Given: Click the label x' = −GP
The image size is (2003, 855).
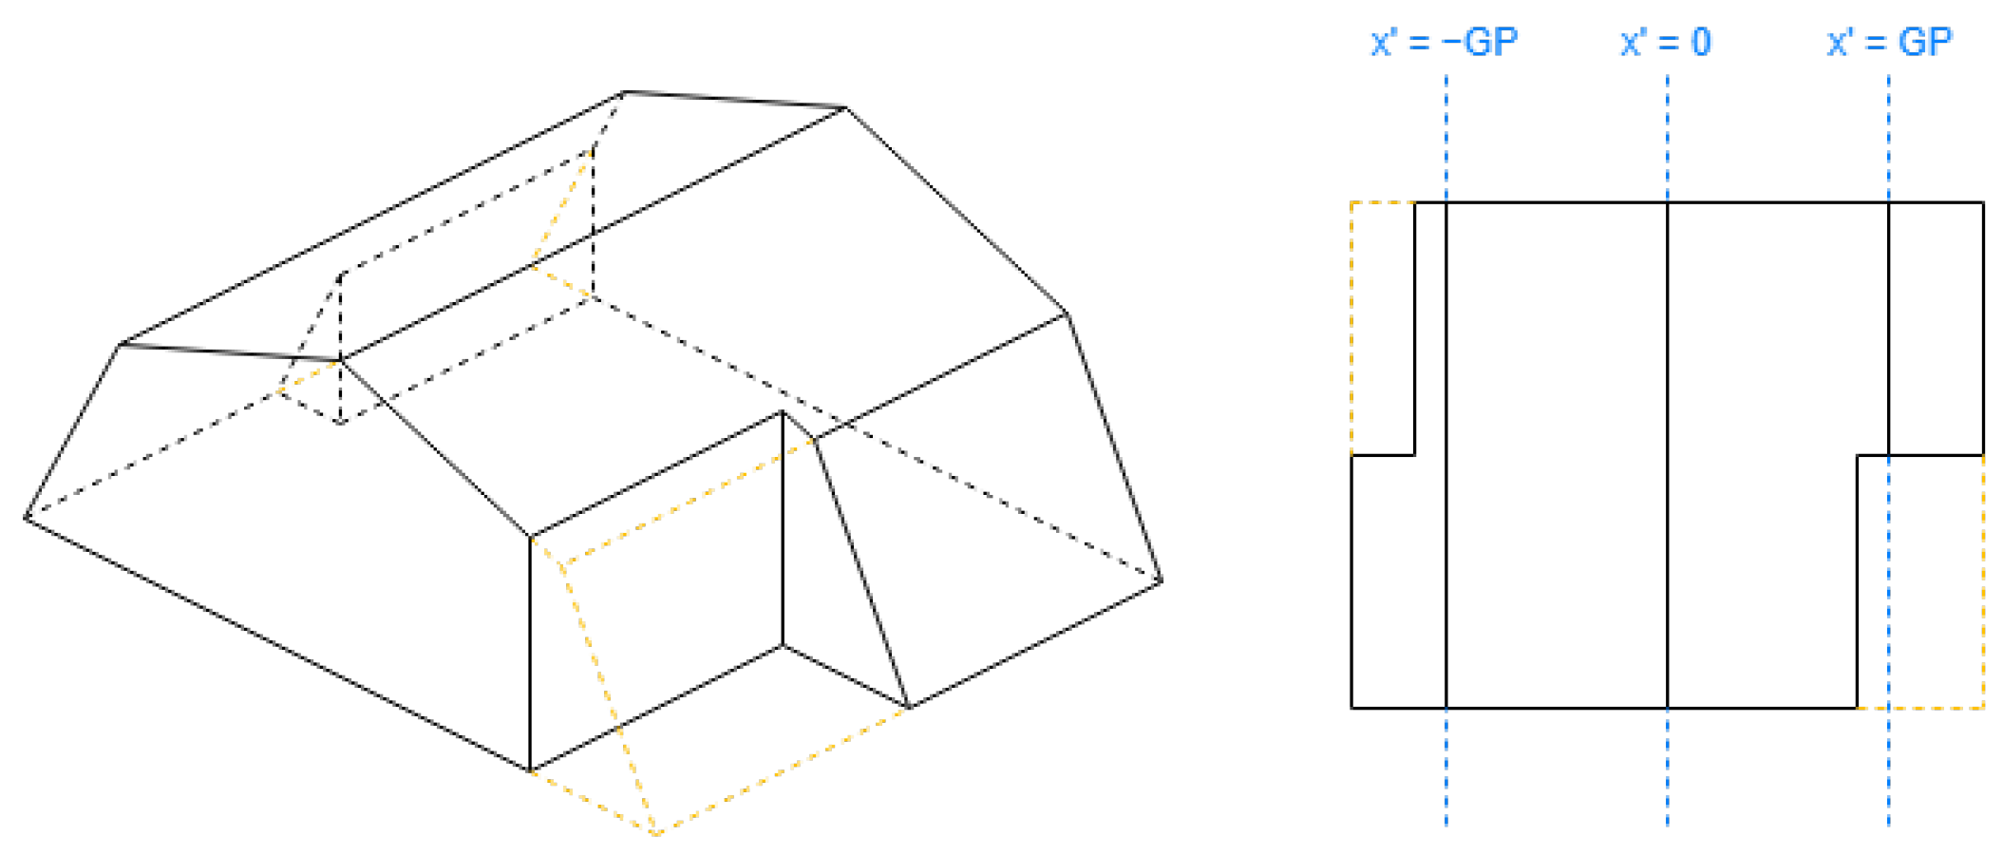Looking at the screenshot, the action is [x=1444, y=42].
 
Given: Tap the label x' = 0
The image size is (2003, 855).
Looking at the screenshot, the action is [x=1666, y=42].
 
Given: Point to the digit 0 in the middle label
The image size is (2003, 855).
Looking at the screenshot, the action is [x=1700, y=43].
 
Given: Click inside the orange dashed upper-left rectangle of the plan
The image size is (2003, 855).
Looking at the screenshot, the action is [x=1383, y=329].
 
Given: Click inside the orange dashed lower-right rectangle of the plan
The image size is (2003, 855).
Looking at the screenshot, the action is [x=1920, y=581].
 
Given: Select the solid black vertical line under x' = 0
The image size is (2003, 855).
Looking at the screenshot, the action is [x=1668, y=455].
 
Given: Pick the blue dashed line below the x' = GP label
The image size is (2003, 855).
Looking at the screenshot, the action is [x=1888, y=451].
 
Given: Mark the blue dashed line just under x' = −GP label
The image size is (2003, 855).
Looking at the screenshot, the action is [x=1446, y=451].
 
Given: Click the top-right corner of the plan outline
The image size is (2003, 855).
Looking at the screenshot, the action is [x=1983, y=202].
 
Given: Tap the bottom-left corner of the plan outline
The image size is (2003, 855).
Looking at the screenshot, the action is [x=1351, y=708].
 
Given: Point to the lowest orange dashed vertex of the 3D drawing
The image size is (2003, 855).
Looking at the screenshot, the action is [x=656, y=834].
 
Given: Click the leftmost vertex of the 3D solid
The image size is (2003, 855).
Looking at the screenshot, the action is [x=25, y=518].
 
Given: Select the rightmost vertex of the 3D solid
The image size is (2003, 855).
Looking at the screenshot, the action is [x=1161, y=581].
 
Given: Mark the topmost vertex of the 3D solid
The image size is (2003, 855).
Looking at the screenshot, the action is [x=624, y=92].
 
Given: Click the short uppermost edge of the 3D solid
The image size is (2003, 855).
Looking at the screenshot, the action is [x=735, y=100].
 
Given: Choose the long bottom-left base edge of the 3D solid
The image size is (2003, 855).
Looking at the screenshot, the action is [x=277, y=644].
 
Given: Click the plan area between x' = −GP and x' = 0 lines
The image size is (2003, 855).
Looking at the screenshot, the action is [x=1557, y=455].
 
